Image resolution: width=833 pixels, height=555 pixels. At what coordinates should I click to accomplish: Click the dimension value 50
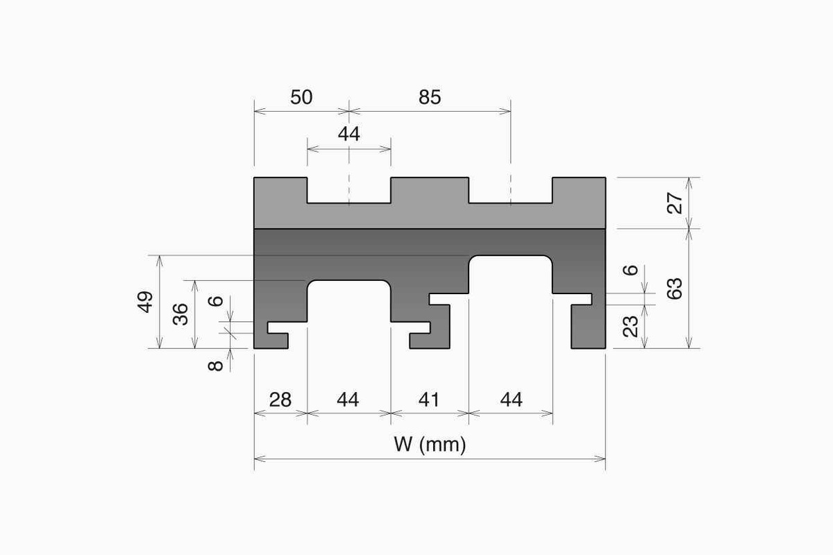[301, 97]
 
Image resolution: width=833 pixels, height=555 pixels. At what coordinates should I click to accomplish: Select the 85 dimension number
[430, 97]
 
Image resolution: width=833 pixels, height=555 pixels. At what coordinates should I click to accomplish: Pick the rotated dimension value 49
[146, 302]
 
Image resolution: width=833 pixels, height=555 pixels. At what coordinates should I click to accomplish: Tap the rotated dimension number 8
[217, 363]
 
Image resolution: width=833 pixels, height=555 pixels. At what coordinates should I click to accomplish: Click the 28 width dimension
[280, 400]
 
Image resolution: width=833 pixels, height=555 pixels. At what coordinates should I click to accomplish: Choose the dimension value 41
[430, 400]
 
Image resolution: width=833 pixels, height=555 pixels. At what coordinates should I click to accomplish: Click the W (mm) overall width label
[430, 445]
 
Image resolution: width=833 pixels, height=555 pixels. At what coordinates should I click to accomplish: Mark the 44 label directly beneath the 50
[348, 135]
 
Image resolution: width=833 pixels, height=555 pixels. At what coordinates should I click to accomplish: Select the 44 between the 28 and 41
[348, 400]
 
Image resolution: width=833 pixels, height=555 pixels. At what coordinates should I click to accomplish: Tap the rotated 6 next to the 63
[631, 270]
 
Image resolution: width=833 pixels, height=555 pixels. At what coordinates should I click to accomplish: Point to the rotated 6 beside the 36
[217, 301]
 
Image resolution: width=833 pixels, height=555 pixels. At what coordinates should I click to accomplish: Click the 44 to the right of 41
[511, 400]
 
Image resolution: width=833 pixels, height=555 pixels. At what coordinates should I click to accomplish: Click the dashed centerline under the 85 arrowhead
[511, 187]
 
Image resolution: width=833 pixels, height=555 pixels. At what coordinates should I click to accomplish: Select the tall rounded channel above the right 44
[511, 298]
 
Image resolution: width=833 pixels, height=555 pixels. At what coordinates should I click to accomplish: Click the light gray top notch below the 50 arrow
[348, 191]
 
